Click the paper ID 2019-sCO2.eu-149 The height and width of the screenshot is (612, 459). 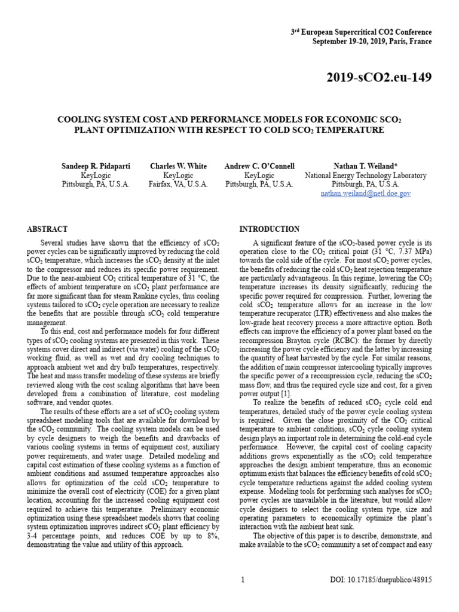pos(378,77)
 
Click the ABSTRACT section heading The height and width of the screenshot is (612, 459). pos(48,229)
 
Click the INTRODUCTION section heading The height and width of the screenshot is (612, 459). pos(270,229)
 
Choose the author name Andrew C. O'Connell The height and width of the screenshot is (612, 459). pos(259,166)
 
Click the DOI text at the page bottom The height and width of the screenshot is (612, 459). pos(381,579)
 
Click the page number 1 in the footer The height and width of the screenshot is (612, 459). pos(243,579)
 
